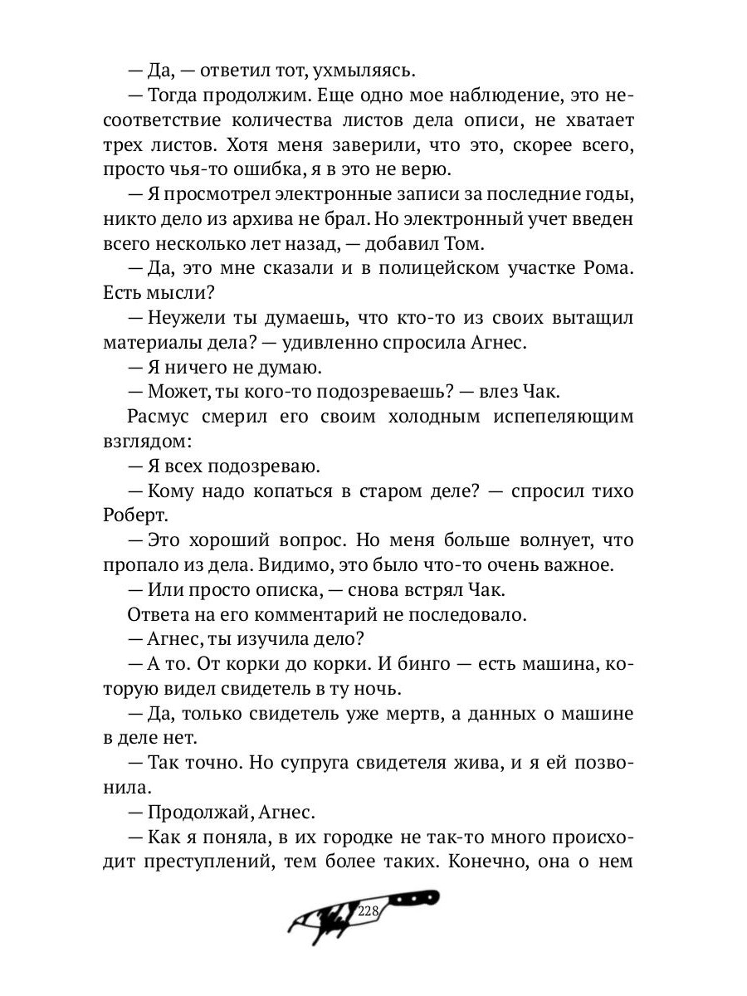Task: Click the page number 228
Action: [369, 911]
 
